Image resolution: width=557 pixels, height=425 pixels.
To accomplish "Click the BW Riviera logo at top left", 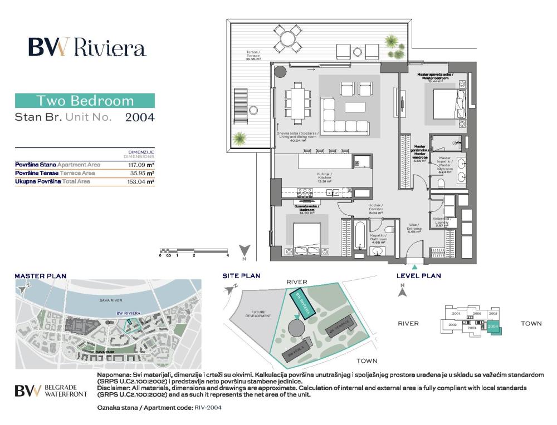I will tap(87, 48).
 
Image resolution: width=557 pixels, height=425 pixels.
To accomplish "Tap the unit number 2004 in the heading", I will tap(139, 117).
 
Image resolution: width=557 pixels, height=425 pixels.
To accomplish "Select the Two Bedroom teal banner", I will tap(85, 101).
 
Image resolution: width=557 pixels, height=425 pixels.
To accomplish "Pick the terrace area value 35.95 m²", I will tap(143, 173).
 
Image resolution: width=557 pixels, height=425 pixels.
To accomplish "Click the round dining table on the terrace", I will tap(288, 39).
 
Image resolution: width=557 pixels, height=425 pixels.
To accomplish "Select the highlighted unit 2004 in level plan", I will tap(494, 328).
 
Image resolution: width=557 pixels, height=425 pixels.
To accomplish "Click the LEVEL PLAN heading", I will tap(418, 275).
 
